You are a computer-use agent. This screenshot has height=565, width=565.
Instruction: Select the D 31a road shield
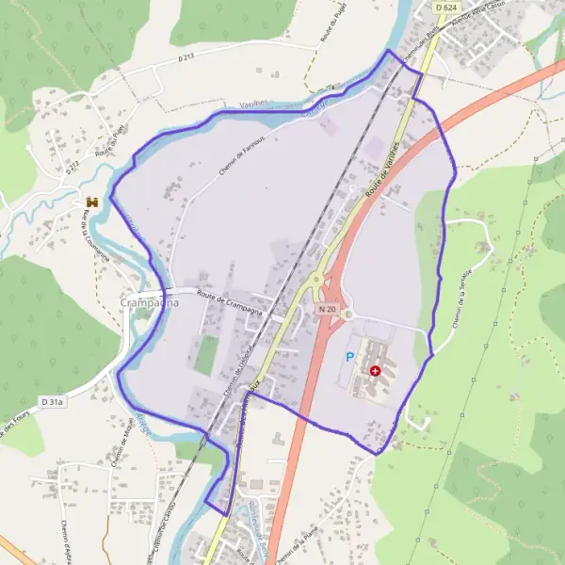[53, 402]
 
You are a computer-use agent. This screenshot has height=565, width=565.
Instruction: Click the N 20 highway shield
[327, 308]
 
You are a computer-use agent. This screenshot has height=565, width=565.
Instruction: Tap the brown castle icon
[92, 202]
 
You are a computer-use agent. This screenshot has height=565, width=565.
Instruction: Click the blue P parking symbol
[350, 358]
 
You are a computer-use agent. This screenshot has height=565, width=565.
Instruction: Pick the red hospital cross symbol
[377, 372]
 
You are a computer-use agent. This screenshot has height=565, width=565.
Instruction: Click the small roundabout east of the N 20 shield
[347, 315]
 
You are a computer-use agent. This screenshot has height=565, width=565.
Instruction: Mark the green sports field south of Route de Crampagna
[205, 354]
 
